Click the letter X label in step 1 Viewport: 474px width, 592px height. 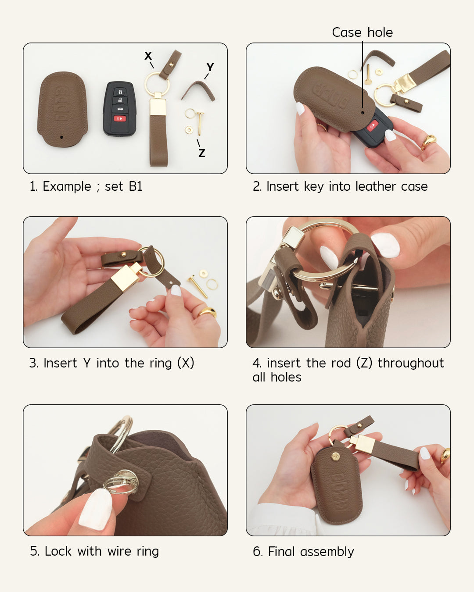(148, 56)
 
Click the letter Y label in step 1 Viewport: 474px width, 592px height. (210, 67)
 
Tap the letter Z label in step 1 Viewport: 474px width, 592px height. (201, 153)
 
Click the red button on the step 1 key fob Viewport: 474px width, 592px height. (119, 118)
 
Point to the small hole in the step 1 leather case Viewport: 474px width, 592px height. (61, 137)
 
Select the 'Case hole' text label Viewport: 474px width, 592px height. (362, 32)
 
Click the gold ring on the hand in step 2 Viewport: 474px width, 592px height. (428, 142)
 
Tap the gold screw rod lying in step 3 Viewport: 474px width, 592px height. (197, 286)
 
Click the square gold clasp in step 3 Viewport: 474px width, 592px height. (125, 278)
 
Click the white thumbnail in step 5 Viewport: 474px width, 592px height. (96, 509)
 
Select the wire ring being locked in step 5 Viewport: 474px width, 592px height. (121, 482)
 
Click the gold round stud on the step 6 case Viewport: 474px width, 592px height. (336, 456)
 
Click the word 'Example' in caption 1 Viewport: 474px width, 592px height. (67, 186)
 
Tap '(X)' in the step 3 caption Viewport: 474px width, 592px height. (186, 363)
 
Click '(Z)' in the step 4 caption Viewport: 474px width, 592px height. (364, 363)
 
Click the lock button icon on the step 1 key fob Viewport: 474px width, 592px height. (119, 92)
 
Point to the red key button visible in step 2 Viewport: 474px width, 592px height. (372, 126)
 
